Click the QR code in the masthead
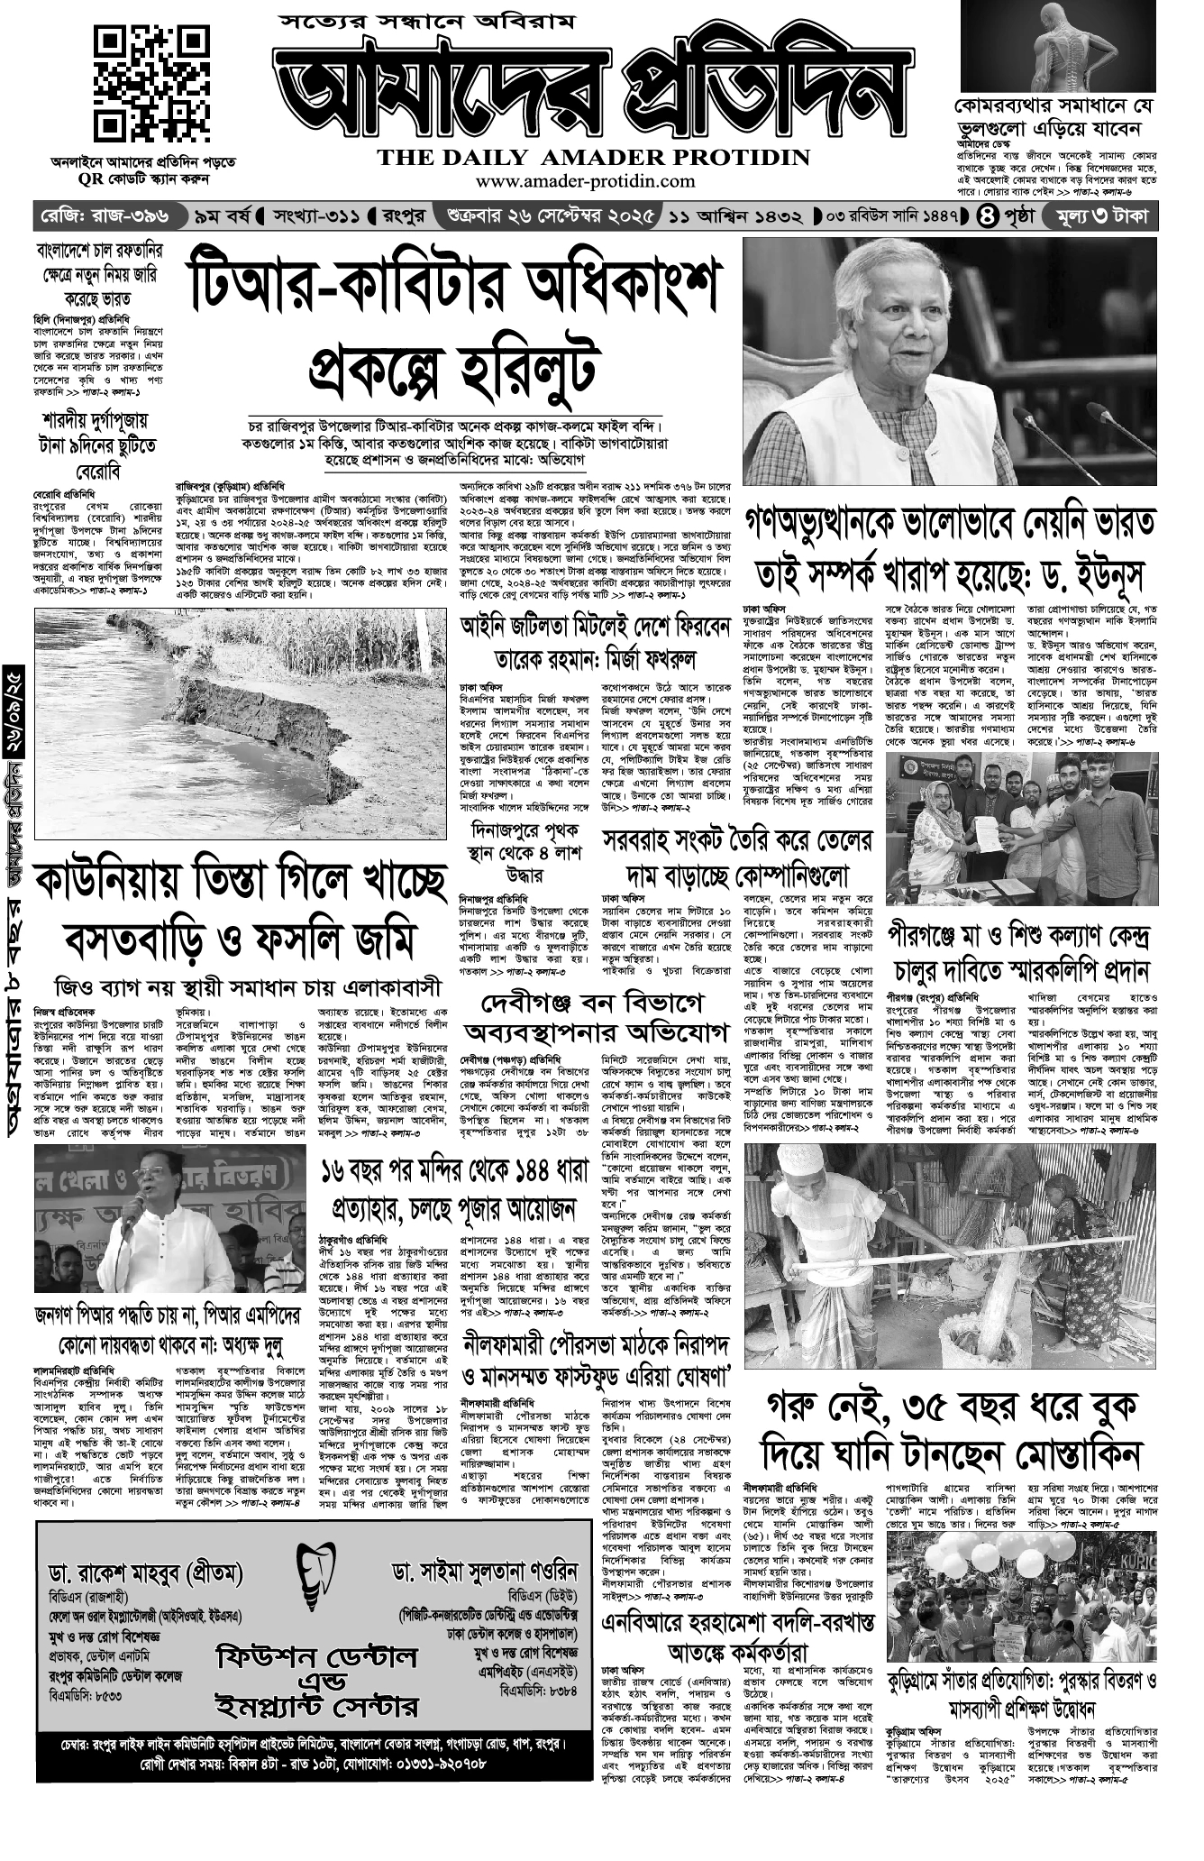coord(143,79)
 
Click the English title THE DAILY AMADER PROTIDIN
coord(594,159)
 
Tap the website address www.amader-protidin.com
coord(594,181)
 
